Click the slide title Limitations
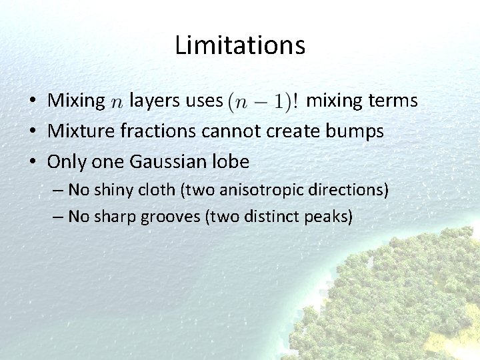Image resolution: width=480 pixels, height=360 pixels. [x=240, y=45]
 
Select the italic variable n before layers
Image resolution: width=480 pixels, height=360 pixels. [x=117, y=102]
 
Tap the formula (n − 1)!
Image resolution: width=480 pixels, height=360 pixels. [x=263, y=101]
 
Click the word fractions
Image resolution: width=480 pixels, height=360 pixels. [x=158, y=131]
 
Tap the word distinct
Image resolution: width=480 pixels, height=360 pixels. [x=270, y=217]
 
